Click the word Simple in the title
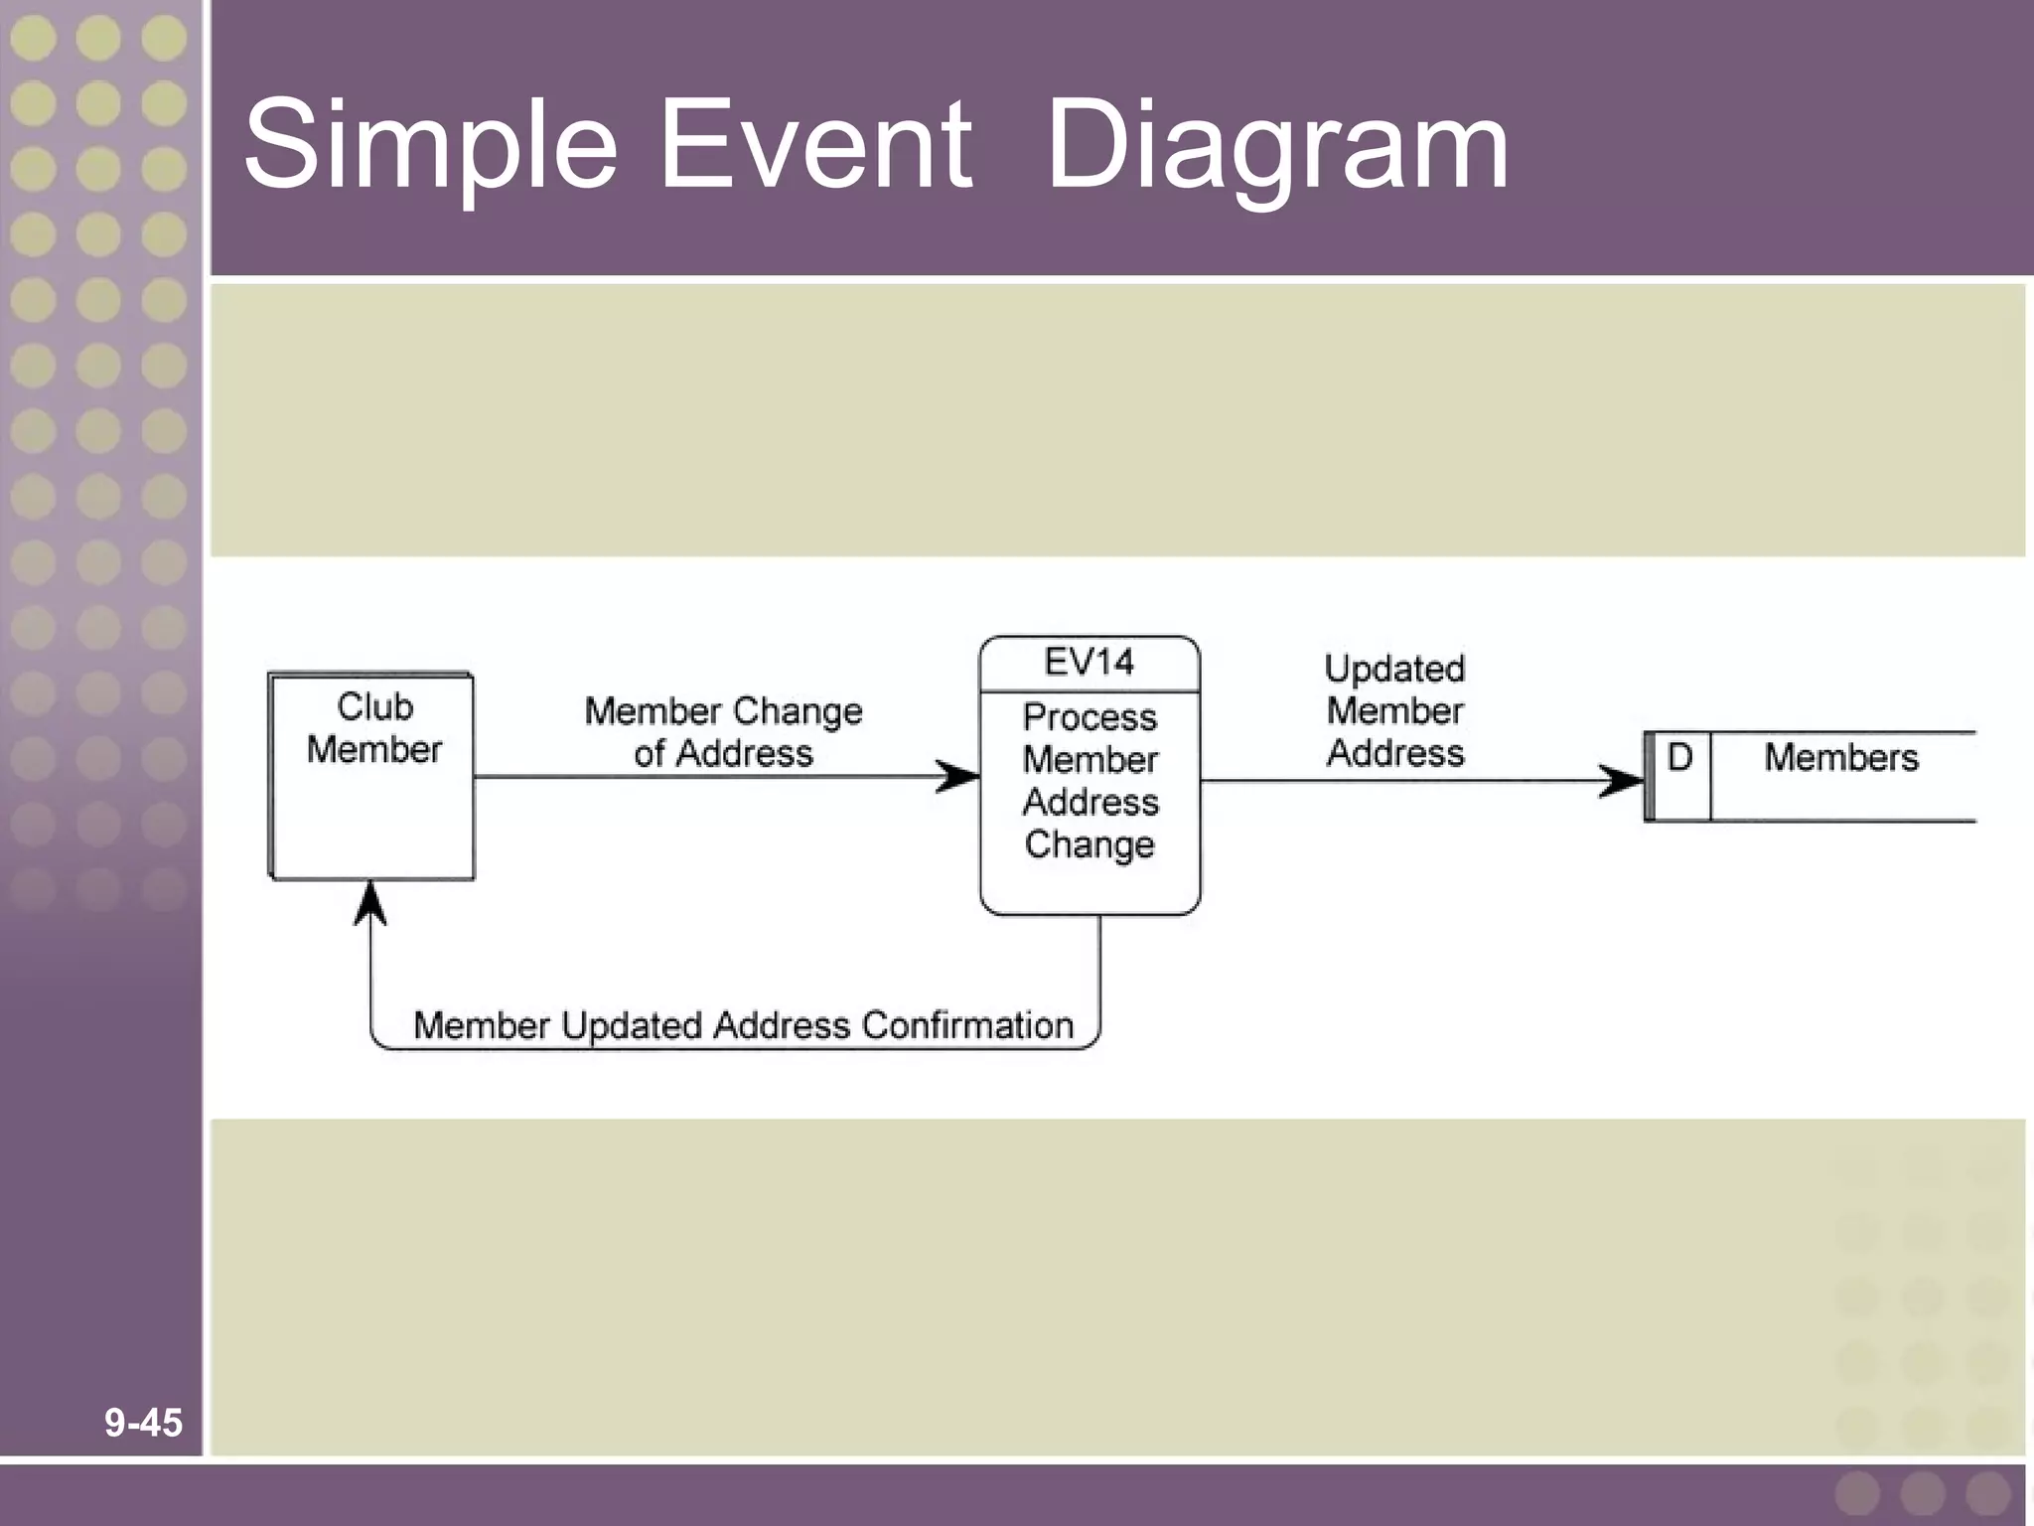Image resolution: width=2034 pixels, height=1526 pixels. [x=430, y=145]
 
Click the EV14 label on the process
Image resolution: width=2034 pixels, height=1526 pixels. [x=1089, y=662]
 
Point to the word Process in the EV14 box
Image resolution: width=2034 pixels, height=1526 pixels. [x=1090, y=717]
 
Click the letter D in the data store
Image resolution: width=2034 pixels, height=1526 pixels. [x=1679, y=758]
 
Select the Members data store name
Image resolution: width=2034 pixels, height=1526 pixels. [x=1840, y=758]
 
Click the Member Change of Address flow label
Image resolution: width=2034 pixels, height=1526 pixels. [x=723, y=732]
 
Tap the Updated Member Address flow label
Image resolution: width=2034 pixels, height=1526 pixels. [x=1394, y=711]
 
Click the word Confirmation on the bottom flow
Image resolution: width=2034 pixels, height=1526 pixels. [x=967, y=1025]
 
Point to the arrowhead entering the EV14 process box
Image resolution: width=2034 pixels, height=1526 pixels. [x=959, y=777]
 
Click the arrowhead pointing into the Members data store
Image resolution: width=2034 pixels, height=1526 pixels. [x=1622, y=781]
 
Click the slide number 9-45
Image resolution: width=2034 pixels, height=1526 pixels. [x=143, y=1423]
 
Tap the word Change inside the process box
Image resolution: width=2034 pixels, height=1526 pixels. [x=1090, y=844]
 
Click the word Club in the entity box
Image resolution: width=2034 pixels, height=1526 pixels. [x=374, y=707]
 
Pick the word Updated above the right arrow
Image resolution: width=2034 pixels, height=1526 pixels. [x=1394, y=669]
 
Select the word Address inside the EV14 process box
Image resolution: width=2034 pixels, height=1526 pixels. [x=1090, y=802]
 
